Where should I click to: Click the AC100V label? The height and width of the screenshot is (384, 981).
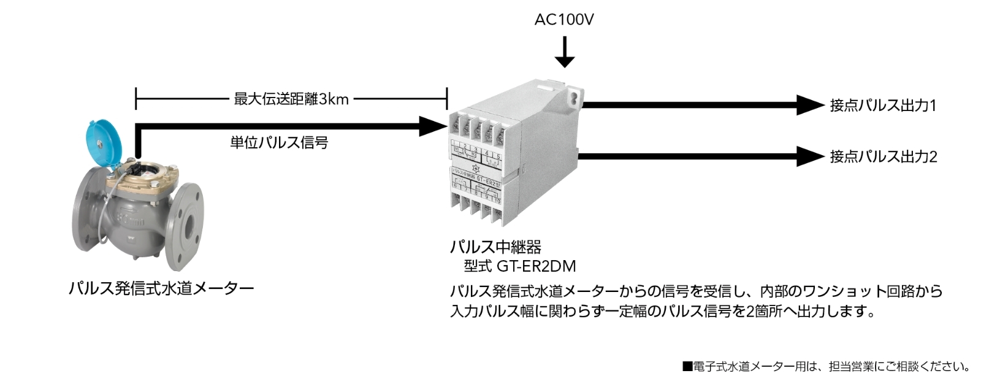[564, 20]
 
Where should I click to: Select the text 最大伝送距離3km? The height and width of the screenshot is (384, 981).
[291, 99]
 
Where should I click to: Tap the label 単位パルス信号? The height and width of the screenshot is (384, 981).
[279, 143]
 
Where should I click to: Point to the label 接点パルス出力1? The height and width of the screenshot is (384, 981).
[883, 106]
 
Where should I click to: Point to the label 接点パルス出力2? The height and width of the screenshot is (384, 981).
[883, 157]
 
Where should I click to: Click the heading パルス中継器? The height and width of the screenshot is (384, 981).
[495, 247]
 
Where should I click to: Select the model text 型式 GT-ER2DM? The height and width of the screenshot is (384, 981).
[520, 267]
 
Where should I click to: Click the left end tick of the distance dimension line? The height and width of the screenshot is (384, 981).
[136, 98]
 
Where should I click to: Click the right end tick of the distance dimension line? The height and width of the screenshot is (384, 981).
[447, 98]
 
